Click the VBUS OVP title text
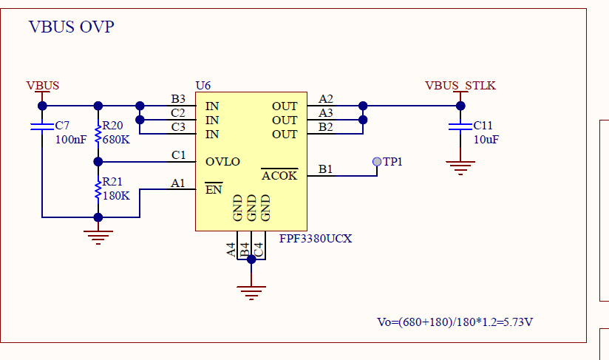(72, 27)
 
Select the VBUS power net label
(43, 86)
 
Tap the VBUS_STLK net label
(460, 86)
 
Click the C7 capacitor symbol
(42, 126)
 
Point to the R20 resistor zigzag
(98, 134)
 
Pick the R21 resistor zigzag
(98, 189)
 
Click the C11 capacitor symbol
(460, 126)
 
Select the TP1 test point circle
(377, 162)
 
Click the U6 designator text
(203, 86)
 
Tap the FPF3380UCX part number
(316, 239)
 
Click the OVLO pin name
(222, 162)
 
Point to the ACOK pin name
(279, 175)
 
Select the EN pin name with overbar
(214, 189)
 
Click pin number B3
(178, 98)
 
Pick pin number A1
(178, 183)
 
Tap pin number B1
(325, 169)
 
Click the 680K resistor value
(116, 140)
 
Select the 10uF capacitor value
(486, 140)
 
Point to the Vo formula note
(455, 322)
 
